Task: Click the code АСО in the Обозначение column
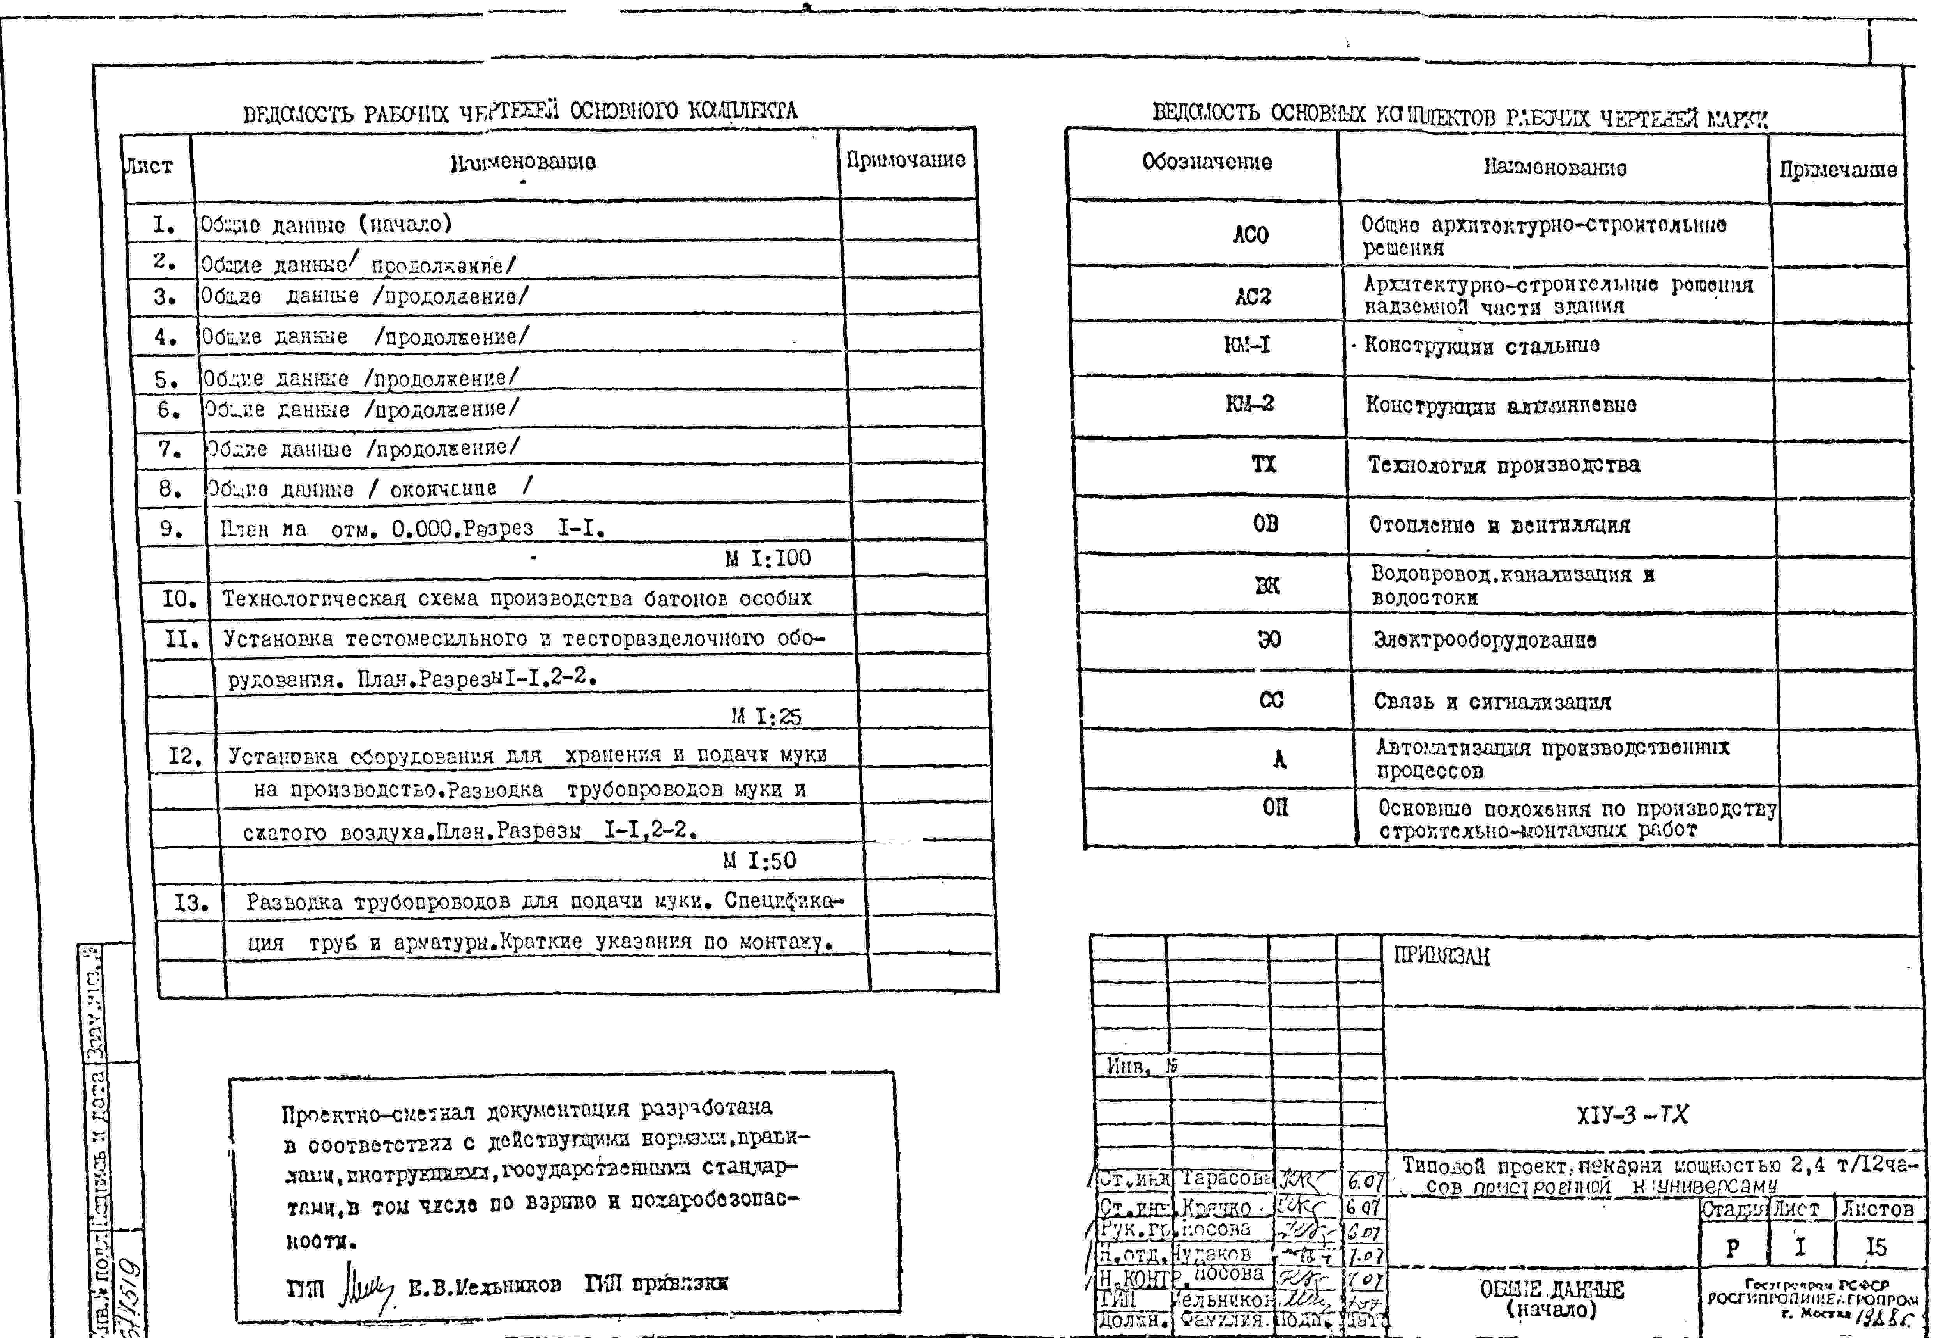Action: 1250,235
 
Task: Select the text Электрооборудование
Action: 1484,641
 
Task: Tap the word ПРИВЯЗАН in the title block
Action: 1441,957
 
